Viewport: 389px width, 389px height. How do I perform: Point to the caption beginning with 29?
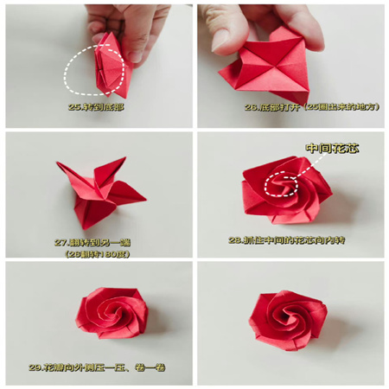tap(96, 367)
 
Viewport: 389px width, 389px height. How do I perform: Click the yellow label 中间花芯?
tap(332, 149)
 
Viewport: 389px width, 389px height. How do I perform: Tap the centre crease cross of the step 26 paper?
tap(272, 64)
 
